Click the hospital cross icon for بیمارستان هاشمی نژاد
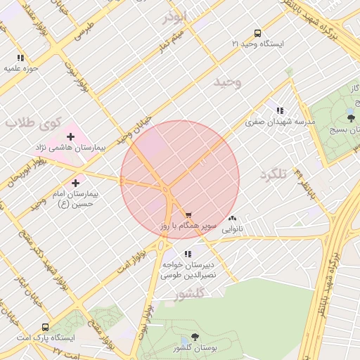tap(70, 136)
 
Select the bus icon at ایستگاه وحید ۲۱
tap(257, 32)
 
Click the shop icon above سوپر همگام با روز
tap(188, 214)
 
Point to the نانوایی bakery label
tap(232, 229)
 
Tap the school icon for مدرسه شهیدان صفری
tap(280, 110)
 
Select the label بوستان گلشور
tap(194, 349)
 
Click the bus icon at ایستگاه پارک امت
tap(46, 327)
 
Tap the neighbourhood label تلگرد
tap(274, 174)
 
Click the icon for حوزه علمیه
tap(20, 58)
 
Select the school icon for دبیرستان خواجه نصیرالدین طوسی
tap(187, 254)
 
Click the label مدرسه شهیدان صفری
tap(281, 122)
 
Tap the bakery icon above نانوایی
tap(232, 219)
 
